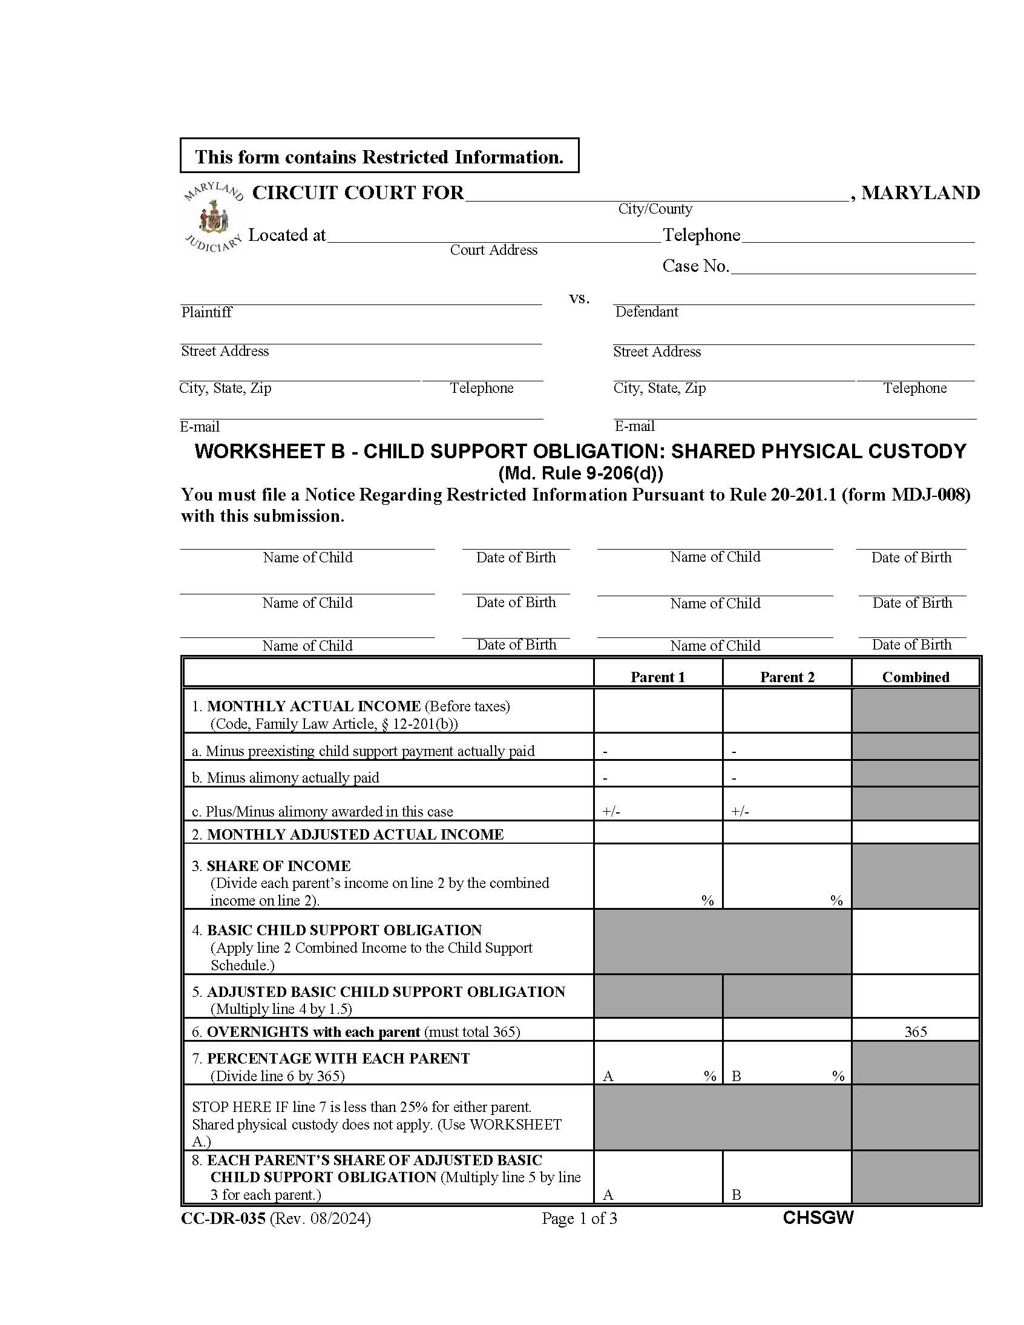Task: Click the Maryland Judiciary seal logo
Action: pyautogui.click(x=213, y=217)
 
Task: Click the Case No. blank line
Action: pyautogui.click(x=852, y=268)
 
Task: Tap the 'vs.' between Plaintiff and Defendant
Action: pyautogui.click(x=579, y=298)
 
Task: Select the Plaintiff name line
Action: pyautogui.click(x=360, y=297)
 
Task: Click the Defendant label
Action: pyautogui.click(x=646, y=312)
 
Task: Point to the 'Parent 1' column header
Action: pyautogui.click(x=658, y=677)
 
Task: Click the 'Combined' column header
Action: pyautogui.click(x=915, y=677)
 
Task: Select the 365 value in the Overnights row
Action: pyautogui.click(x=915, y=1031)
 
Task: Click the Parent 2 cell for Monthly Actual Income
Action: pyautogui.click(x=786, y=711)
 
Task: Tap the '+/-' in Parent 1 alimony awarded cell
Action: pyautogui.click(x=611, y=812)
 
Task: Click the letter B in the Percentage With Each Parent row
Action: pyautogui.click(x=736, y=1076)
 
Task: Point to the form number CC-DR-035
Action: pyautogui.click(x=223, y=1218)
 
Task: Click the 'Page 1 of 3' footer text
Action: pyautogui.click(x=579, y=1218)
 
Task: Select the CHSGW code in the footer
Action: pyautogui.click(x=818, y=1218)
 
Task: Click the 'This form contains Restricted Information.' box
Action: pyautogui.click(x=379, y=157)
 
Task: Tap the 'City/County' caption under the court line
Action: pyautogui.click(x=655, y=209)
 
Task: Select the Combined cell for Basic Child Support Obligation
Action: pyautogui.click(x=915, y=942)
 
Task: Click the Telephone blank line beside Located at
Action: pyautogui.click(x=858, y=236)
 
